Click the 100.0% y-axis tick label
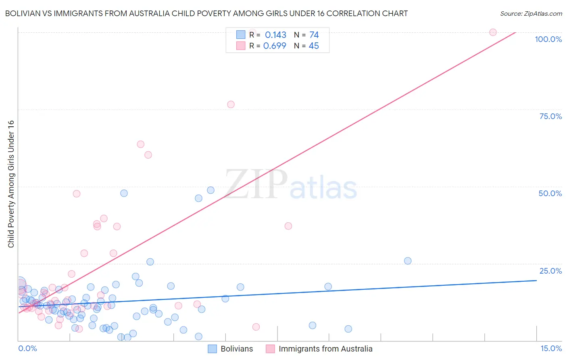click(x=548, y=39)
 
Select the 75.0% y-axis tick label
click(x=550, y=116)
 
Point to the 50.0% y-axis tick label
click(x=550, y=193)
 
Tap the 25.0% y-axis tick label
click(x=550, y=270)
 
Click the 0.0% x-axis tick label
click(x=27, y=348)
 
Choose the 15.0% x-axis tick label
click(x=551, y=348)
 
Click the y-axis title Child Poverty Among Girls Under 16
click(x=11, y=184)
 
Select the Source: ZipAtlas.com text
click(x=531, y=13)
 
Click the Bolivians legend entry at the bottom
click(x=230, y=349)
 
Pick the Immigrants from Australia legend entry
click(x=319, y=349)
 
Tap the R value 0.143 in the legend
click(x=275, y=35)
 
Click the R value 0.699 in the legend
click(x=275, y=46)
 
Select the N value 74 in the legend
click(x=314, y=35)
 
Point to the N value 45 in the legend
click(x=313, y=46)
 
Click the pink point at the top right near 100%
click(x=493, y=32)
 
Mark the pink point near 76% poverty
click(x=231, y=105)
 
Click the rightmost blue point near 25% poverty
click(x=408, y=261)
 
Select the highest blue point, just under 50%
click(x=211, y=190)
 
